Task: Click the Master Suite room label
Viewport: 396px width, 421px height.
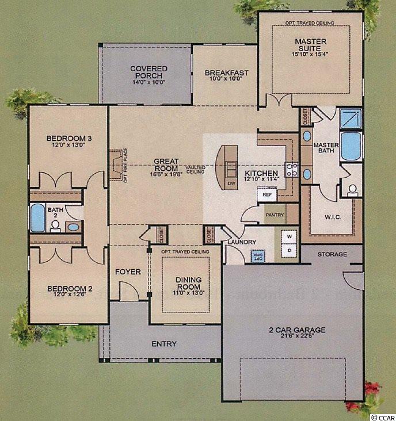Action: coord(311,45)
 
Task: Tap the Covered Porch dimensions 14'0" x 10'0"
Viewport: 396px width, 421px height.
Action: coord(148,82)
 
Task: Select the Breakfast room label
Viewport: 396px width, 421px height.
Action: coord(226,73)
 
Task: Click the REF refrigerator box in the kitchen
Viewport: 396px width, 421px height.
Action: coord(266,194)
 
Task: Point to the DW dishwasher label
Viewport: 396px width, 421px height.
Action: coord(231,183)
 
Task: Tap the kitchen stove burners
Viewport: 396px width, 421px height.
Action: coord(292,170)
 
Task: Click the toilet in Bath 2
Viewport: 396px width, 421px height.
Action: coord(55,226)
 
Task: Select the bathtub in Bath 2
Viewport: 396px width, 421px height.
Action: coord(37,217)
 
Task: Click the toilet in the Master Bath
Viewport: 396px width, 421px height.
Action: coord(352,190)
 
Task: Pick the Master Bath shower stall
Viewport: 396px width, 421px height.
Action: coord(351,118)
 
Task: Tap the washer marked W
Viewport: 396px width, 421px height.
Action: coord(290,237)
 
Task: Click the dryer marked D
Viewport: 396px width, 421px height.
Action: coord(290,251)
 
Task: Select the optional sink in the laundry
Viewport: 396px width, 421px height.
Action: coord(258,256)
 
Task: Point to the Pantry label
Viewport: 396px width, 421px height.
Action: coord(275,215)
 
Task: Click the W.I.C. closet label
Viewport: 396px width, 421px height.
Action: coord(333,217)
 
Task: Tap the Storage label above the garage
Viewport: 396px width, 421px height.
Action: coord(332,254)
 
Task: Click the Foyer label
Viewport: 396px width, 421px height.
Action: coord(128,271)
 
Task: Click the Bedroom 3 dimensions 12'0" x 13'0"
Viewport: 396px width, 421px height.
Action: coord(69,145)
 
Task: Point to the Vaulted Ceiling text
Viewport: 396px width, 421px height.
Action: coord(196,170)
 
